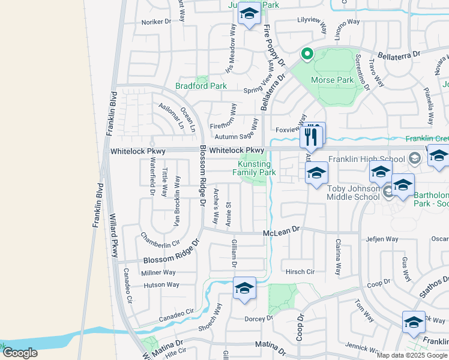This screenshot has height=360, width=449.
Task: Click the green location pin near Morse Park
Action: [307, 55]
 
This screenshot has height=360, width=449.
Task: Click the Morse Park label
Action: [332, 80]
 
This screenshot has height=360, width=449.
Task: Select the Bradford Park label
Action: [201, 86]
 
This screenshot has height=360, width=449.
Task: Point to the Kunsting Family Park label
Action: [254, 168]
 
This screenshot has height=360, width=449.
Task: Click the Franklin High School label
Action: [366, 160]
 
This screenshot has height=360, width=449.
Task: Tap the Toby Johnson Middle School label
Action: [353, 192]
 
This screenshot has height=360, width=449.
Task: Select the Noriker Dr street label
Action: [157, 22]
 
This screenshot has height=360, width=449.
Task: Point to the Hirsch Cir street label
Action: [300, 271]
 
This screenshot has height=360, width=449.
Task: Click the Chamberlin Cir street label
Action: [160, 239]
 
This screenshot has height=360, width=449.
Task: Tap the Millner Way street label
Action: [158, 272]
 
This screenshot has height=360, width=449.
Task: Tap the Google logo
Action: [20, 353]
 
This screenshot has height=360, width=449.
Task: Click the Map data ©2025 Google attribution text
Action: [412, 355]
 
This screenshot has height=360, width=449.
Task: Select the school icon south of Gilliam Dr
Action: [244, 288]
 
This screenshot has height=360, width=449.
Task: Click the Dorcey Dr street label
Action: [259, 319]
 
